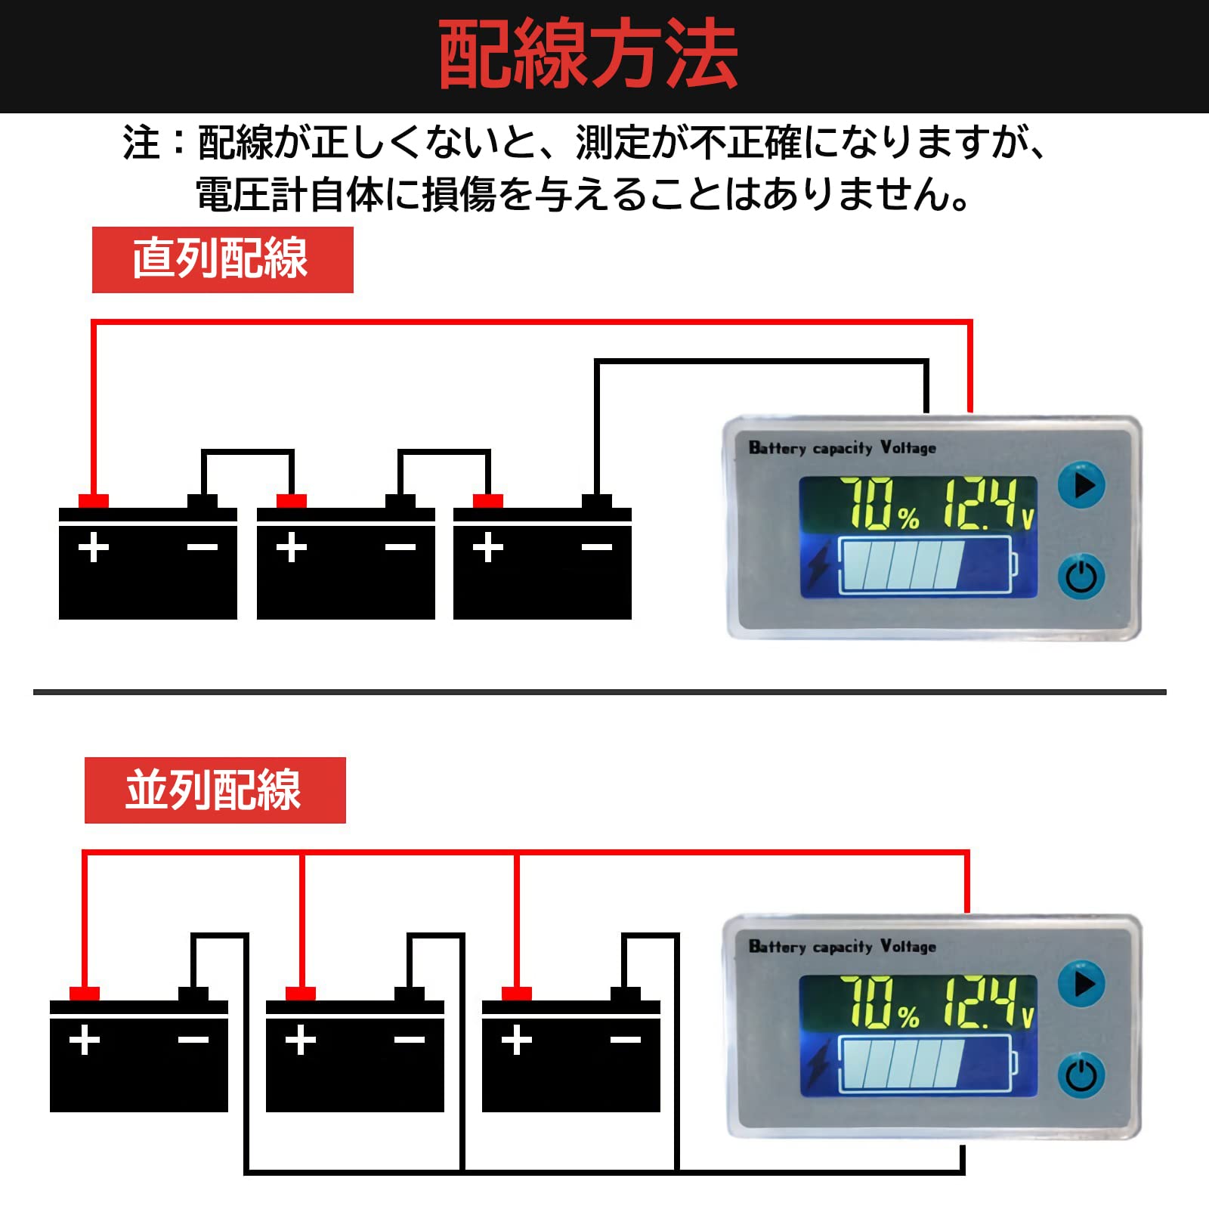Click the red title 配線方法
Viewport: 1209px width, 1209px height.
(x=588, y=55)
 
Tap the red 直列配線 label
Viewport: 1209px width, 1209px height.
(x=221, y=259)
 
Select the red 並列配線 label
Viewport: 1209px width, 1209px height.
(x=215, y=790)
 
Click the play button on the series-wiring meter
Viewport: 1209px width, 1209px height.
(x=1081, y=485)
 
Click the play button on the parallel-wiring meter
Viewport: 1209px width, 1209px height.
(x=1081, y=984)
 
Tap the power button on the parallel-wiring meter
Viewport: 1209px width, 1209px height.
(x=1081, y=1075)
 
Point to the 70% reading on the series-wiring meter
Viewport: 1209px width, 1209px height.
(x=880, y=503)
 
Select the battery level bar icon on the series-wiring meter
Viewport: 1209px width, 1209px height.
(x=928, y=564)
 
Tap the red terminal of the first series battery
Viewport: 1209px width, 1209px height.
(x=94, y=501)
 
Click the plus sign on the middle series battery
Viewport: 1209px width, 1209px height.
(x=291, y=548)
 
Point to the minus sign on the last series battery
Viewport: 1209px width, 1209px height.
(x=596, y=548)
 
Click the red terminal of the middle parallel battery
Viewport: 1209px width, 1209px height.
(x=301, y=993)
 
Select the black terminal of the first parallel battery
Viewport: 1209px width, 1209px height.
(x=193, y=993)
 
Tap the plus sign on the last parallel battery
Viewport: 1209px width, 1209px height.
(x=517, y=1040)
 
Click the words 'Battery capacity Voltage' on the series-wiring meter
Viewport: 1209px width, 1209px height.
(x=842, y=448)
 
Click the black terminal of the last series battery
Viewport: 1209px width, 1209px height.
(x=596, y=501)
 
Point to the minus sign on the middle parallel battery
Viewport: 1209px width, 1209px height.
(x=409, y=1040)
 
